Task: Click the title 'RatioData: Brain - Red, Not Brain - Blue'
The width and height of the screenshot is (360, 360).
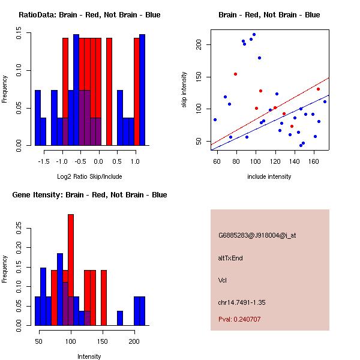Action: pyautogui.click(x=89, y=15)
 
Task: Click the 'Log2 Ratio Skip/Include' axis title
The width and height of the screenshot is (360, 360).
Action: pyautogui.click(x=89, y=176)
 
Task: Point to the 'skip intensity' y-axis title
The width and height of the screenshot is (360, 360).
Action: pyautogui.click(x=184, y=90)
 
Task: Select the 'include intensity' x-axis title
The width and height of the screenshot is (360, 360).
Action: pyautogui.click(x=269, y=176)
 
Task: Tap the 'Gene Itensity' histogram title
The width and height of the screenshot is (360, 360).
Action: pyautogui.click(x=90, y=195)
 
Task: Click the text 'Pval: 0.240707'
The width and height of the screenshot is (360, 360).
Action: pyautogui.click(x=239, y=320)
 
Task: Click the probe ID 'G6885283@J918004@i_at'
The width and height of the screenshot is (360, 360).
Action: pyautogui.click(x=257, y=235)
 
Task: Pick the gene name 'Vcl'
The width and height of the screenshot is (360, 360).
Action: pyautogui.click(x=223, y=280)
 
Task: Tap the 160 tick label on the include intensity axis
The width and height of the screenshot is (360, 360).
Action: pyautogui.click(x=314, y=161)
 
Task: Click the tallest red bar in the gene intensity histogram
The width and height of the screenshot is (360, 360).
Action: pyautogui.click(x=71, y=270)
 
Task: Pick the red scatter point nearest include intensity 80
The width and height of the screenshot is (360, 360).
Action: pyautogui.click(x=235, y=74)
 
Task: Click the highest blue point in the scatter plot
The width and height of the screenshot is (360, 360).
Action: pyautogui.click(x=254, y=35)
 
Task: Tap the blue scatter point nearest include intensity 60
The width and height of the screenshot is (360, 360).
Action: pyautogui.click(x=215, y=119)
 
